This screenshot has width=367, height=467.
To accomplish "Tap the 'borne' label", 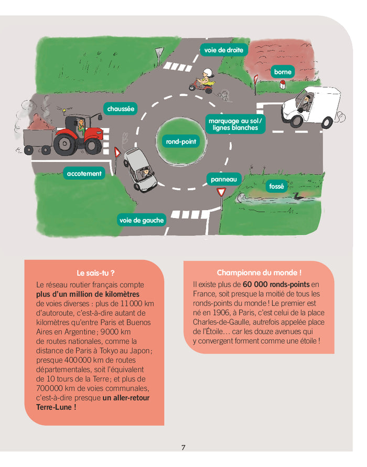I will [283, 72].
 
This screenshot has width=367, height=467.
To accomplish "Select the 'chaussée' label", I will [121, 109].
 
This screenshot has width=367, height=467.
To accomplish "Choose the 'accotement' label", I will [84, 173].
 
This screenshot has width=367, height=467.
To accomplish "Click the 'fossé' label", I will [276, 186].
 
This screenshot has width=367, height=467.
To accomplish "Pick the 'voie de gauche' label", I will [142, 220].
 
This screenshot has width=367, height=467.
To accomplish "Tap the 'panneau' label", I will [224, 179].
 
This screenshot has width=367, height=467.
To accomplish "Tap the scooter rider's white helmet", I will [208, 72].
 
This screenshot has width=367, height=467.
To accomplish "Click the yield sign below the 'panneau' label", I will [221, 193].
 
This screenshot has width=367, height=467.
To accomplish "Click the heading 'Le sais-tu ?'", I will [95, 273].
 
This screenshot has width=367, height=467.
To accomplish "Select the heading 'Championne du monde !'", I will [259, 273].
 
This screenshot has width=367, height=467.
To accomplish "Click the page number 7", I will [183, 447].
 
